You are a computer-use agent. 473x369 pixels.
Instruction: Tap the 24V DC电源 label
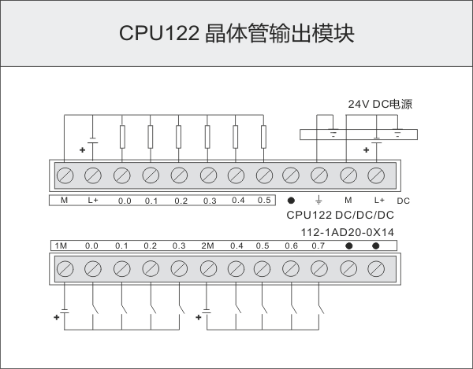tap(381, 104)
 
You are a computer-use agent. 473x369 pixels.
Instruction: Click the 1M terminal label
tap(62, 246)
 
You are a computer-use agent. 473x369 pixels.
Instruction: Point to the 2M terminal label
tap(207, 246)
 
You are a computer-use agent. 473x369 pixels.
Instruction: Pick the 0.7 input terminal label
tap(318, 246)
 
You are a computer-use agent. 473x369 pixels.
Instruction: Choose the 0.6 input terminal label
tap(291, 246)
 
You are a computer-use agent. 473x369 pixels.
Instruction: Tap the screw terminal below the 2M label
tap(208, 268)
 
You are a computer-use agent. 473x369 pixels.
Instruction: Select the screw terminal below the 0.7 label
tap(319, 268)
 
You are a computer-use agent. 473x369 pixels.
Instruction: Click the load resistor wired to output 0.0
tap(121, 137)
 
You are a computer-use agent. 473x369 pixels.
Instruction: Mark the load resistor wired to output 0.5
tap(263, 137)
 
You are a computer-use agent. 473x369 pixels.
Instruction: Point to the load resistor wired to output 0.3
tap(207, 137)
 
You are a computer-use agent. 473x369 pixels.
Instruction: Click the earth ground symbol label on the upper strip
tap(318, 201)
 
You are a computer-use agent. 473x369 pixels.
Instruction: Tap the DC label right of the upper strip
tap(404, 201)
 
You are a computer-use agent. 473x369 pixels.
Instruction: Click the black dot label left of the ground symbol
tap(291, 201)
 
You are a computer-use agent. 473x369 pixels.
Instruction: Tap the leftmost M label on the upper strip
tap(64, 201)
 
